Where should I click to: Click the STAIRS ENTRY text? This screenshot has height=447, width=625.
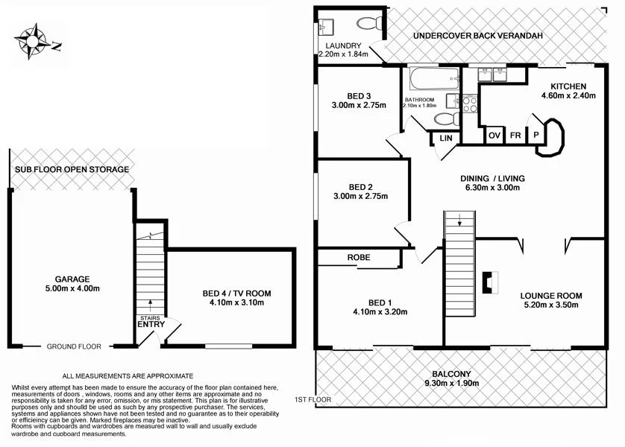point(150,322)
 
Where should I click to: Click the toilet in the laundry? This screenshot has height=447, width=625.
point(370,24)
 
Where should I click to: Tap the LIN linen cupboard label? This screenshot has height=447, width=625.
point(446,139)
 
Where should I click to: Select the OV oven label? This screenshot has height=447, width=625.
point(494,136)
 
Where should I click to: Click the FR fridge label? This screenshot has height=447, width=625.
point(515,136)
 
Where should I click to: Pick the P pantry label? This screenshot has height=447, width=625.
point(536,136)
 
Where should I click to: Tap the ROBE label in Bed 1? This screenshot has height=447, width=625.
point(359,257)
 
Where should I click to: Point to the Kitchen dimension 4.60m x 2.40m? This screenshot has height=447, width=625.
point(568,96)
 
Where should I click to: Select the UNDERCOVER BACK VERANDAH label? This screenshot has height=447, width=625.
point(477,35)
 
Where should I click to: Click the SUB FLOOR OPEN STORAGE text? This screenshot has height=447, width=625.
point(72,170)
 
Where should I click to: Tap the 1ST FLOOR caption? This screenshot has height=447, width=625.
point(313,400)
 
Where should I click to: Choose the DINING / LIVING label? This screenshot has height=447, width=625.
point(492,178)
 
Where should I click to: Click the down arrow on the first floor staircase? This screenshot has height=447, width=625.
point(460,219)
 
